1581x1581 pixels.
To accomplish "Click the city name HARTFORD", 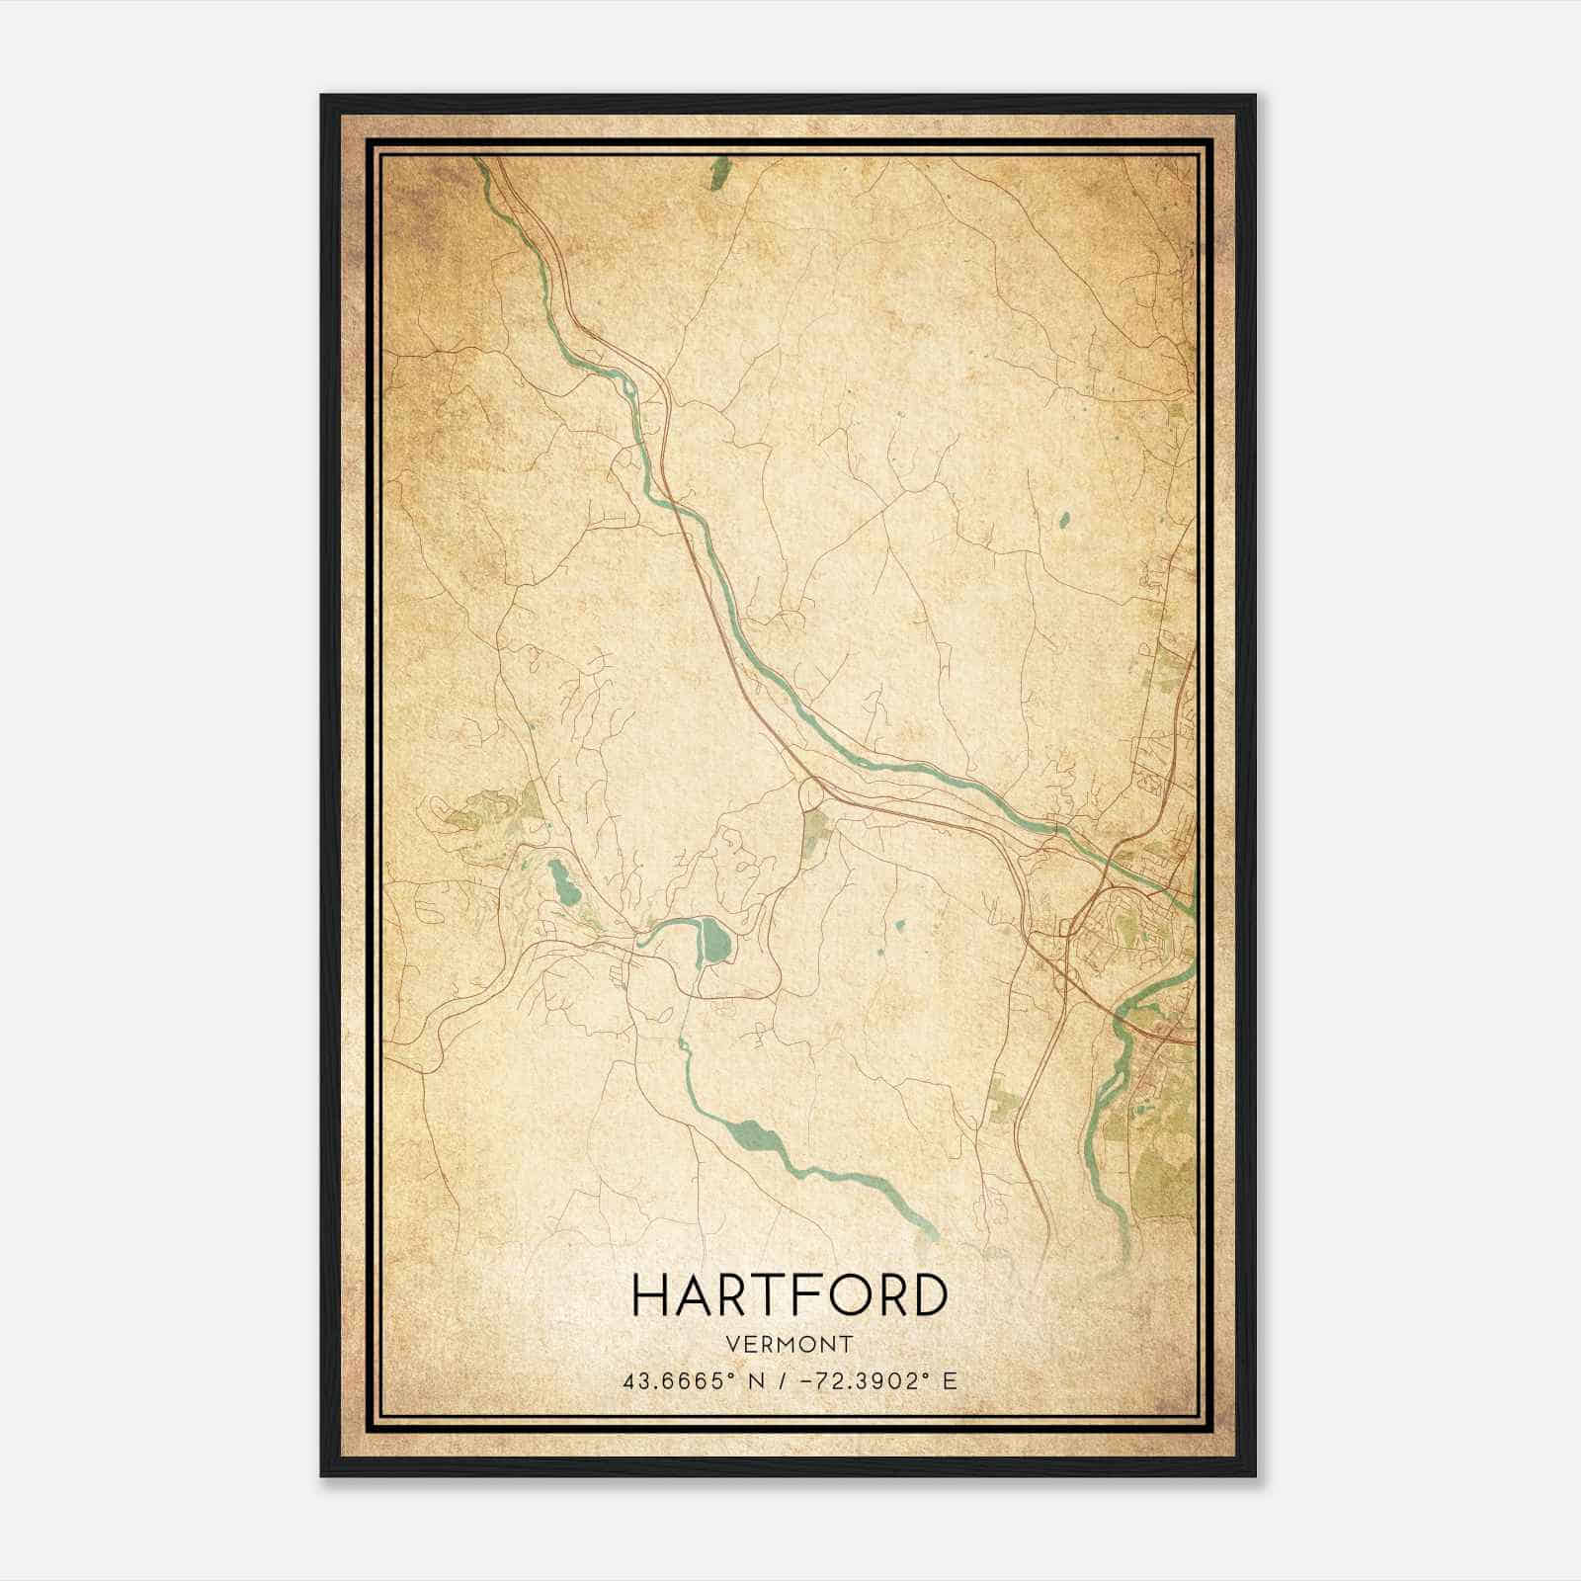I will pyautogui.click(x=790, y=1294).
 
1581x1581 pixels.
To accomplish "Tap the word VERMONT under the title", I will pyautogui.click(x=790, y=1345).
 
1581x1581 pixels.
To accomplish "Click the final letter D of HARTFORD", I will pyautogui.click(x=928, y=1294).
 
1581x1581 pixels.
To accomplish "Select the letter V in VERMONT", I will pyautogui.click(x=732, y=1345).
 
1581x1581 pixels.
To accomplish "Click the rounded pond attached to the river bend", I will pyautogui.click(x=714, y=941).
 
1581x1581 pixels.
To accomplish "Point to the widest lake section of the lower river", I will pyautogui.click(x=756, y=1139).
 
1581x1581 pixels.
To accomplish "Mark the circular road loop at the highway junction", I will pyautogui.click(x=810, y=792).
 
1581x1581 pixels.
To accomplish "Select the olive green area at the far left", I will pyautogui.click(x=484, y=810).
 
